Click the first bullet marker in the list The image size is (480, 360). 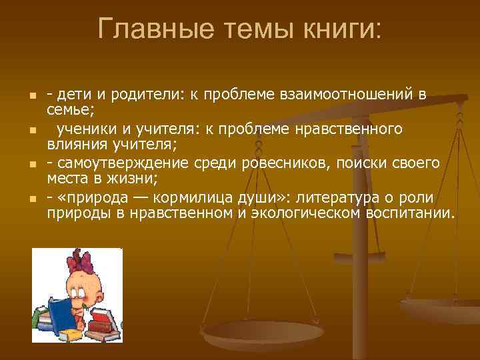[31, 98]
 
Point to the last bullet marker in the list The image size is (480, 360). [31, 199]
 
